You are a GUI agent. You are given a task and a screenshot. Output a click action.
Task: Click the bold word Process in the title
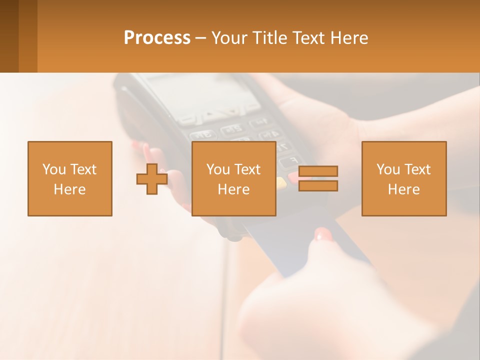pos(157,38)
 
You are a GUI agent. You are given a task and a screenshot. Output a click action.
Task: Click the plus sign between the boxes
pos(152,179)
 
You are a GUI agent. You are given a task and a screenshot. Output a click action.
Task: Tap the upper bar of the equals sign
pos(318,171)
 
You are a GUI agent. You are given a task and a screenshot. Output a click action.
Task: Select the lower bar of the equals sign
pos(318,186)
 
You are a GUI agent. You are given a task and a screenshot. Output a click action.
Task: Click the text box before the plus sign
pos(69,178)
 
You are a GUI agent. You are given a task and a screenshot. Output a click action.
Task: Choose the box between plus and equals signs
pos(233,178)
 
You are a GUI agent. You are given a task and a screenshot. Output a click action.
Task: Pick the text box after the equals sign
pos(403,178)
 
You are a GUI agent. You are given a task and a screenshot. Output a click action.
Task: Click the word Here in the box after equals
pos(403,189)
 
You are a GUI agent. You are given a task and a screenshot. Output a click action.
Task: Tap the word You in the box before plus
pos(53,169)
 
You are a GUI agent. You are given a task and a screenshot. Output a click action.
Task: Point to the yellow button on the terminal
pos(281,182)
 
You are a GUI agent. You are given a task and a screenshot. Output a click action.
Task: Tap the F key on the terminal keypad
pos(287,161)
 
